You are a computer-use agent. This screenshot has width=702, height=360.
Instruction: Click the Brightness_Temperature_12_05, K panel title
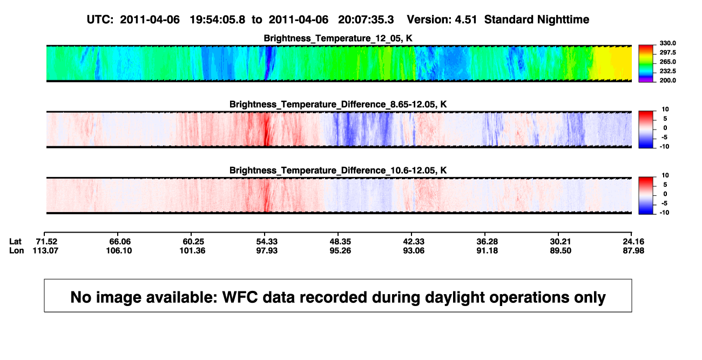(338, 38)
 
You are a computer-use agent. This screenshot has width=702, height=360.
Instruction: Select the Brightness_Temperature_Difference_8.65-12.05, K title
(338, 104)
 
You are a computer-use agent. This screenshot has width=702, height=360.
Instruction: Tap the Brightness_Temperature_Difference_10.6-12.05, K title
(338, 171)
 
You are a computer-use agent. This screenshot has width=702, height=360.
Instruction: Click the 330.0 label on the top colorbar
(667, 43)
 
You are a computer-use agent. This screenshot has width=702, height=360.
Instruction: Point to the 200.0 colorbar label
(667, 80)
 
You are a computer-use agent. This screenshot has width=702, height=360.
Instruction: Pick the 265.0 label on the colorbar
(667, 62)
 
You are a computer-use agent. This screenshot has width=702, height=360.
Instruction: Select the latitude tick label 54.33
(267, 242)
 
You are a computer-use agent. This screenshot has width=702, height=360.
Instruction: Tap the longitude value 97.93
(267, 250)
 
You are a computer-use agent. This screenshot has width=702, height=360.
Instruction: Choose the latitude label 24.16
(633, 242)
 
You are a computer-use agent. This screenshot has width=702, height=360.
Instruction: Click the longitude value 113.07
(45, 250)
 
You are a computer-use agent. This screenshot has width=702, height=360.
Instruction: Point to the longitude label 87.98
(633, 250)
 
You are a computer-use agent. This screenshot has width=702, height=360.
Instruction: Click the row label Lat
(15, 242)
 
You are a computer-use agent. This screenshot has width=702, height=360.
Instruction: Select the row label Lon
(16, 250)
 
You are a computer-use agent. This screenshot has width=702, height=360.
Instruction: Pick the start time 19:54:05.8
(217, 19)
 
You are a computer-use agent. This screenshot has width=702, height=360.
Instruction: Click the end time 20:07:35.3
(366, 19)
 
